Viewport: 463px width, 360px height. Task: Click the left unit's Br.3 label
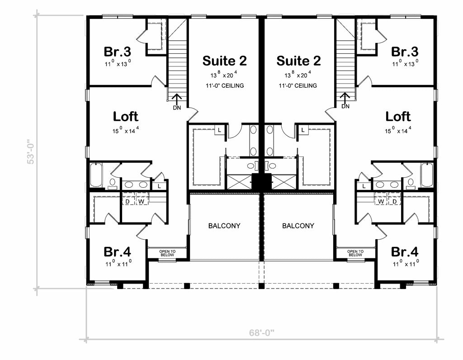point(118,51)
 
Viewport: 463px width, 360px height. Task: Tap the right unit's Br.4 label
point(405,251)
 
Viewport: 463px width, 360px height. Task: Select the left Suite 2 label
point(224,61)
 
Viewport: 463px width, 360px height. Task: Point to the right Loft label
point(398,116)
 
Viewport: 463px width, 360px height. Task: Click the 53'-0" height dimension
point(30,151)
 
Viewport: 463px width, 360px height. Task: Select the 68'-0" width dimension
point(262,333)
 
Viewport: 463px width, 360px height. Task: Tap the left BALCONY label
point(224,226)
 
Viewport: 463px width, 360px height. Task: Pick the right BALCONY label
point(298,226)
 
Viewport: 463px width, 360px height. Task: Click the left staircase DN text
point(177,107)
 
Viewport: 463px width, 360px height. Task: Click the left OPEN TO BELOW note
point(167,253)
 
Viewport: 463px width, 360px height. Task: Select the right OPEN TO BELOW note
point(355,253)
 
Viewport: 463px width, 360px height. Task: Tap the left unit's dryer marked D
point(128,200)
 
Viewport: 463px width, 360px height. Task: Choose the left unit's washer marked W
point(141,200)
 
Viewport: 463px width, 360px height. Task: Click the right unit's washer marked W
point(381,200)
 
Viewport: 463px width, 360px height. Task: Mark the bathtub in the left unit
point(96,175)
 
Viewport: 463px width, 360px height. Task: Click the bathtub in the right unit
point(427,175)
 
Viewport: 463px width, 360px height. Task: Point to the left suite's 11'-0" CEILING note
point(224,85)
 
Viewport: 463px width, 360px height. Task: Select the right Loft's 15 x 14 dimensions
point(398,131)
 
